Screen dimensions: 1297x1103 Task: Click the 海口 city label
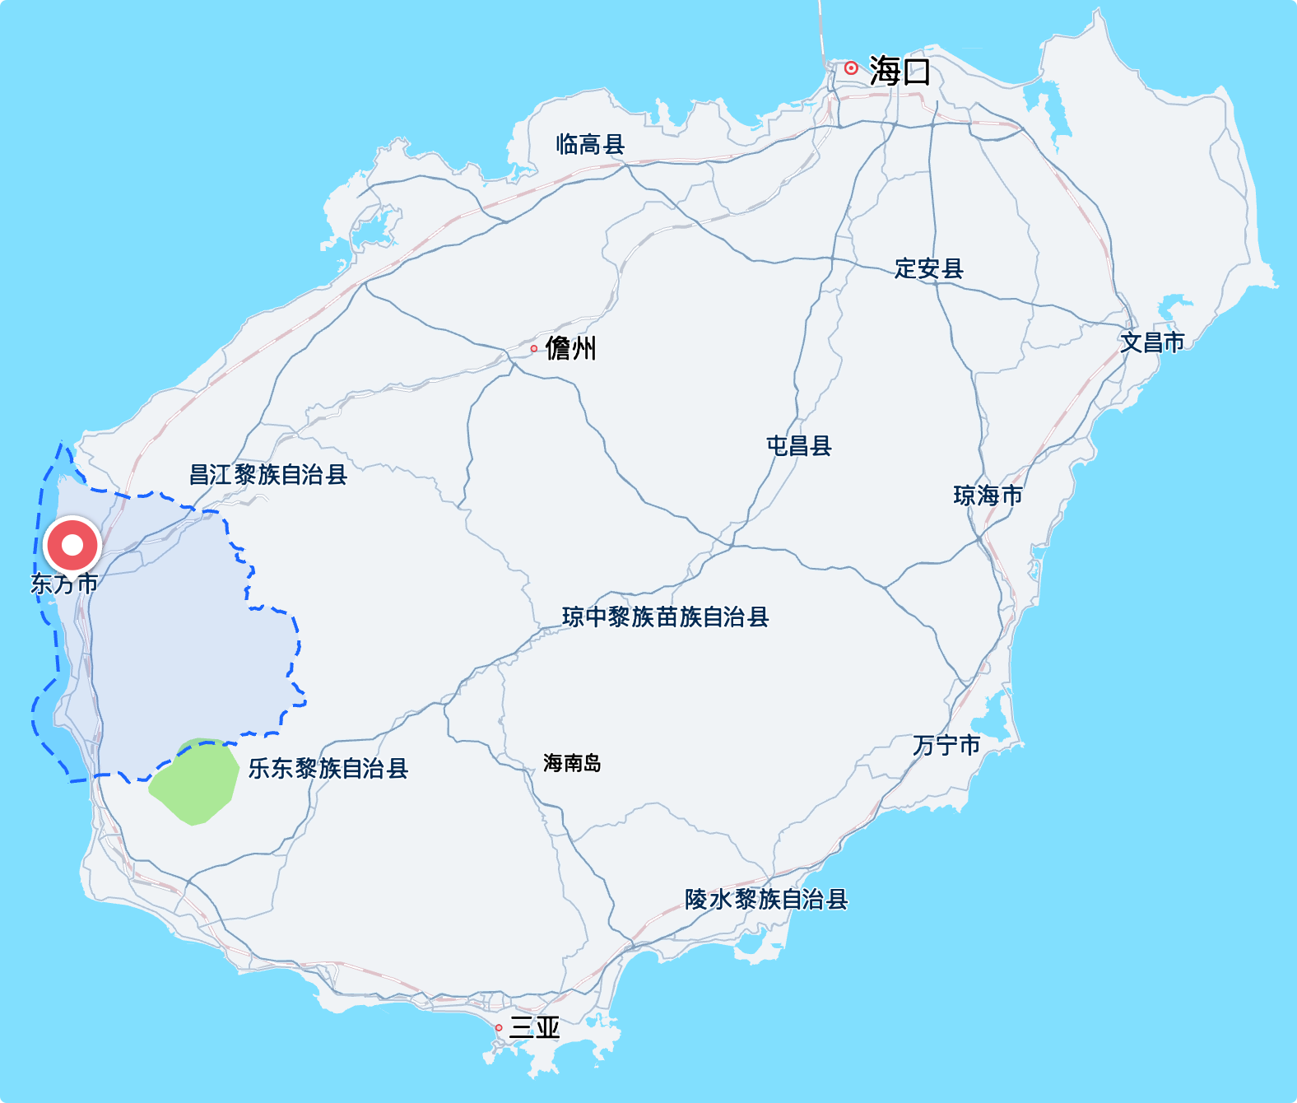(x=900, y=72)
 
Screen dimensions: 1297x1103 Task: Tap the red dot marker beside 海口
(x=851, y=68)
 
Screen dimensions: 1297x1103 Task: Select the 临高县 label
(x=590, y=145)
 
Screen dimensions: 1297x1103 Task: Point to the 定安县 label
(x=928, y=268)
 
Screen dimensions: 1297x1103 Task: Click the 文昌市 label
(x=1152, y=342)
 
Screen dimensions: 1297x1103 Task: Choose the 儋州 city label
(x=570, y=348)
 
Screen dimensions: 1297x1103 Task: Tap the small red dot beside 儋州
(x=534, y=349)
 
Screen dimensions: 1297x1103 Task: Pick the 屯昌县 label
(x=798, y=446)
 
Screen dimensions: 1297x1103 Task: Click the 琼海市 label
(x=988, y=496)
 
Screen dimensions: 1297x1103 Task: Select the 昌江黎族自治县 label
(x=268, y=475)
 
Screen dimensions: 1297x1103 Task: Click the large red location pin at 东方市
(x=72, y=545)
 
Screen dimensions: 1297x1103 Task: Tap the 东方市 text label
(x=64, y=584)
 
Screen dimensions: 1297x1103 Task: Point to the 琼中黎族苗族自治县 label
(x=665, y=617)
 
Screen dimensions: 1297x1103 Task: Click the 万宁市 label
(x=946, y=746)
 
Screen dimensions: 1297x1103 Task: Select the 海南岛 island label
(x=572, y=764)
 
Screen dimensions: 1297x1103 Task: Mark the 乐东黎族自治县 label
(x=328, y=769)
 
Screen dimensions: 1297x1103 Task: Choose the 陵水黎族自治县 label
(x=765, y=900)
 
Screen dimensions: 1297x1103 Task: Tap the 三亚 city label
(x=535, y=1027)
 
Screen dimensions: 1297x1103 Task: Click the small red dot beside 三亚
(x=499, y=1028)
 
